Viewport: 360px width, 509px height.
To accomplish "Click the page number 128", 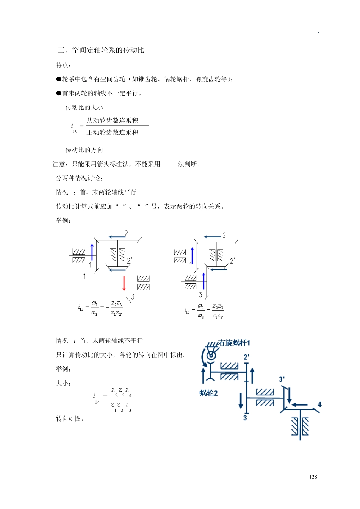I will pyautogui.click(x=313, y=477).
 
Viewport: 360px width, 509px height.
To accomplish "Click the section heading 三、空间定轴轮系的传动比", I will pyautogui.click(x=101, y=50).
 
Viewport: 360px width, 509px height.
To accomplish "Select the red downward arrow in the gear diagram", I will pyautogui.click(x=124, y=283).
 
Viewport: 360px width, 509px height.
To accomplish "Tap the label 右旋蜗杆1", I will pyautogui.click(x=234, y=343).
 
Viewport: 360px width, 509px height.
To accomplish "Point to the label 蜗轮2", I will pyautogui.click(x=208, y=393).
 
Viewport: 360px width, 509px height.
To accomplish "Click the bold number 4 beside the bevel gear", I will pyautogui.click(x=319, y=404).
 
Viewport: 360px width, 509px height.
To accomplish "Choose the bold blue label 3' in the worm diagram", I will pyautogui.click(x=282, y=379).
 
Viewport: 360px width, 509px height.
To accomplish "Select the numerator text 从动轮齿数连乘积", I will pyautogui.click(x=113, y=120).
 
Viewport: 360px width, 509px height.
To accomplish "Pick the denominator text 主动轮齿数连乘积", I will pyautogui.click(x=113, y=132).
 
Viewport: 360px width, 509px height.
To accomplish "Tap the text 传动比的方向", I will pyautogui.click(x=84, y=150).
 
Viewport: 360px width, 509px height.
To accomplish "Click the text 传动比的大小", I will pyautogui.click(x=84, y=108).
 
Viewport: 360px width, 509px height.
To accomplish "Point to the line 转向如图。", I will pyautogui.click(x=70, y=418).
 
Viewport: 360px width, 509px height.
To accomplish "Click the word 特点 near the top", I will pyautogui.click(x=62, y=65).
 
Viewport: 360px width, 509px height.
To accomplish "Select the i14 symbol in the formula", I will pyautogui.click(x=95, y=398).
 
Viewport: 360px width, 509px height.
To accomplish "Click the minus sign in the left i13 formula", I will pyautogui.click(x=107, y=307).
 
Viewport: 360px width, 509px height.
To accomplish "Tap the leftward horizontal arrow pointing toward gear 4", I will pyautogui.click(x=299, y=404).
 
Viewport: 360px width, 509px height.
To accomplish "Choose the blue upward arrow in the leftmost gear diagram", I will pyautogui.click(x=92, y=252).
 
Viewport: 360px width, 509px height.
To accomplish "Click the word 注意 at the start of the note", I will pyautogui.click(x=59, y=164).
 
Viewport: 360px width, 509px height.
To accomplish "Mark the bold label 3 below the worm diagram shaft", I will pyautogui.click(x=245, y=418).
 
